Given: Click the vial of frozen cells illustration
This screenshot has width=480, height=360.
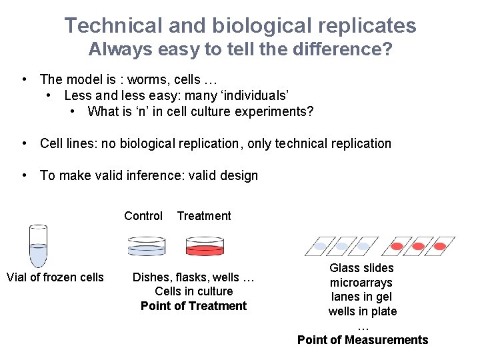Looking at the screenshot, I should coord(39,246).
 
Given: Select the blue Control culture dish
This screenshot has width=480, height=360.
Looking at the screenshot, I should coord(145,246).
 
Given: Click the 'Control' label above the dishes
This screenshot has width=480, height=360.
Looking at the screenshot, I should coord(143,216).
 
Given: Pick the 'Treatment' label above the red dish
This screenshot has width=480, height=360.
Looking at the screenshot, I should coord(204,216).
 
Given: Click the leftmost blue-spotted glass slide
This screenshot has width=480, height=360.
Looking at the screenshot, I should coord(321,246).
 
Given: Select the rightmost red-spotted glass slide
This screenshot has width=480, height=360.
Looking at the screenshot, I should coord(439,246).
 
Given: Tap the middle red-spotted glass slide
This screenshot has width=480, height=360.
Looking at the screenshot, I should coord(418,246).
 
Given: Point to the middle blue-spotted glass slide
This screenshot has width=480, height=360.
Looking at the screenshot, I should coord(342,246).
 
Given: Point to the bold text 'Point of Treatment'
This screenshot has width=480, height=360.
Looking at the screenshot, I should coord(193,306).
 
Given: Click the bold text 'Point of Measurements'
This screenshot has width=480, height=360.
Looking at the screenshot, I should coord(363,340).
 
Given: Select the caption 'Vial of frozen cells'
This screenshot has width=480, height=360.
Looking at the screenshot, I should coord(55,277).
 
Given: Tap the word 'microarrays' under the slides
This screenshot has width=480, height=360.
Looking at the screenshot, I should coord(362,283).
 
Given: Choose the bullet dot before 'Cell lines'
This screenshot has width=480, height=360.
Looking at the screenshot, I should coord(24,143).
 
